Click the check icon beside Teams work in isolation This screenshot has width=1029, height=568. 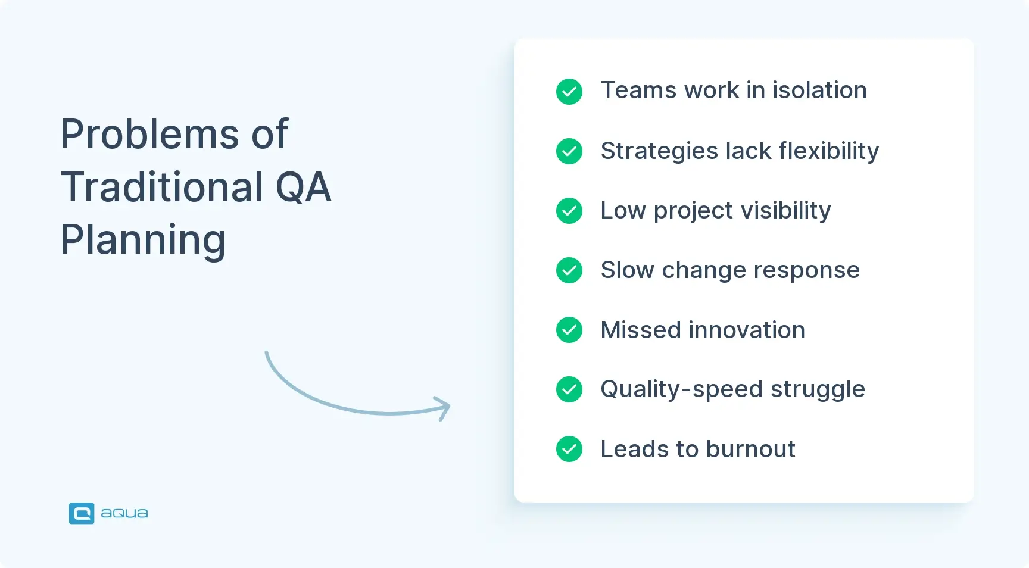coord(569,92)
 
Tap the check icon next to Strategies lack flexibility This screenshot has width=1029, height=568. coord(569,151)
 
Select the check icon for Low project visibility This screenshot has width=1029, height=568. coord(569,211)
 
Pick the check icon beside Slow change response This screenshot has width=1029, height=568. coord(569,270)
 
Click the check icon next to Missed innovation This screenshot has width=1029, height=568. coord(569,330)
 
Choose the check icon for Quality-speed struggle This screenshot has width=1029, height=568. coord(569,389)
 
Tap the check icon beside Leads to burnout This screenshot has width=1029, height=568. coord(569,449)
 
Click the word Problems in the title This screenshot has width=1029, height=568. coord(149,134)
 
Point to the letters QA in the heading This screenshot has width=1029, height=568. coord(303,187)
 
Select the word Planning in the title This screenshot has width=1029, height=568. coord(143,240)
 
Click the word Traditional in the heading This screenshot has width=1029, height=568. coord(162,187)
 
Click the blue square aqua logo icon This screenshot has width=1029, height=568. coord(82,513)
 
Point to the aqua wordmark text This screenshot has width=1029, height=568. coord(124,513)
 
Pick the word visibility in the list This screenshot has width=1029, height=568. coord(785,211)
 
